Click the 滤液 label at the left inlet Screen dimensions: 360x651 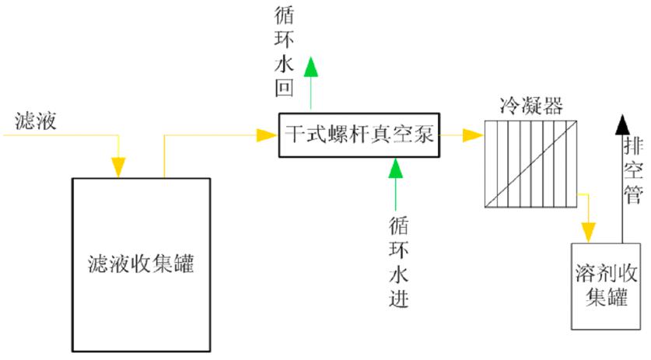click(x=34, y=121)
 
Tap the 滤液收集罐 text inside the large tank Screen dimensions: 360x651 click(x=140, y=264)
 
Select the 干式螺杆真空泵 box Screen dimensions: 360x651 click(x=358, y=135)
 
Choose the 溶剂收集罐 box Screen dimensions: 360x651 click(x=607, y=285)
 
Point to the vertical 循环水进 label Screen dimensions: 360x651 click(x=397, y=260)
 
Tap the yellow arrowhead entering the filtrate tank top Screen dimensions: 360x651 click(x=118, y=166)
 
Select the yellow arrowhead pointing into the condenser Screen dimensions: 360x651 click(x=471, y=135)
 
